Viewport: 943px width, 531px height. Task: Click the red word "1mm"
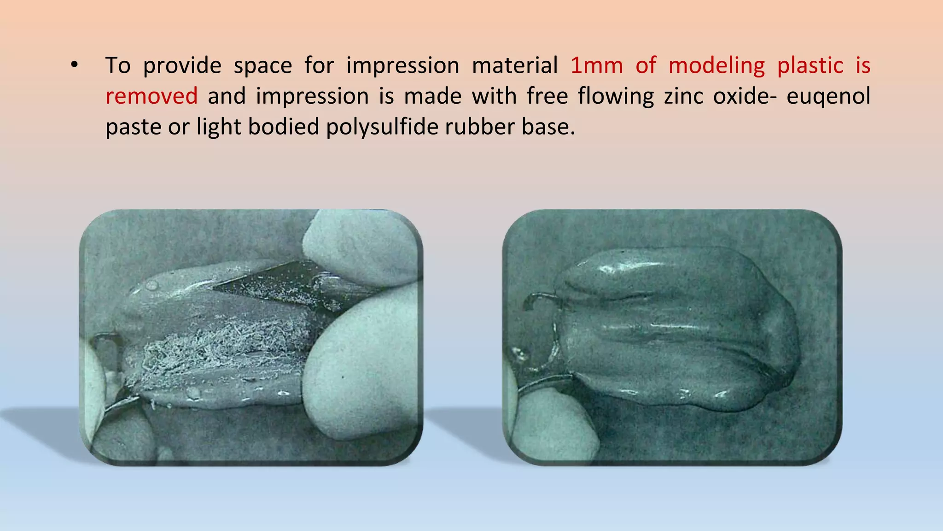click(596, 65)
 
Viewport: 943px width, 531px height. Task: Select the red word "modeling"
click(716, 65)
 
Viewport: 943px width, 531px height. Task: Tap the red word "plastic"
click(810, 65)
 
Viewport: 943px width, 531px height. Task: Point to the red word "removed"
click(151, 96)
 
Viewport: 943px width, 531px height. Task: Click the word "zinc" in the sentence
click(683, 96)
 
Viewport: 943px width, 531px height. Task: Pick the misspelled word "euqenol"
click(828, 96)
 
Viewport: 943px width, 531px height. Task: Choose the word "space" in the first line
click(263, 65)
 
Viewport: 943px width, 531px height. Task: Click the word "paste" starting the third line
click(133, 127)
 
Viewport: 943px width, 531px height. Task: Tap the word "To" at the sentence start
click(118, 65)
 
